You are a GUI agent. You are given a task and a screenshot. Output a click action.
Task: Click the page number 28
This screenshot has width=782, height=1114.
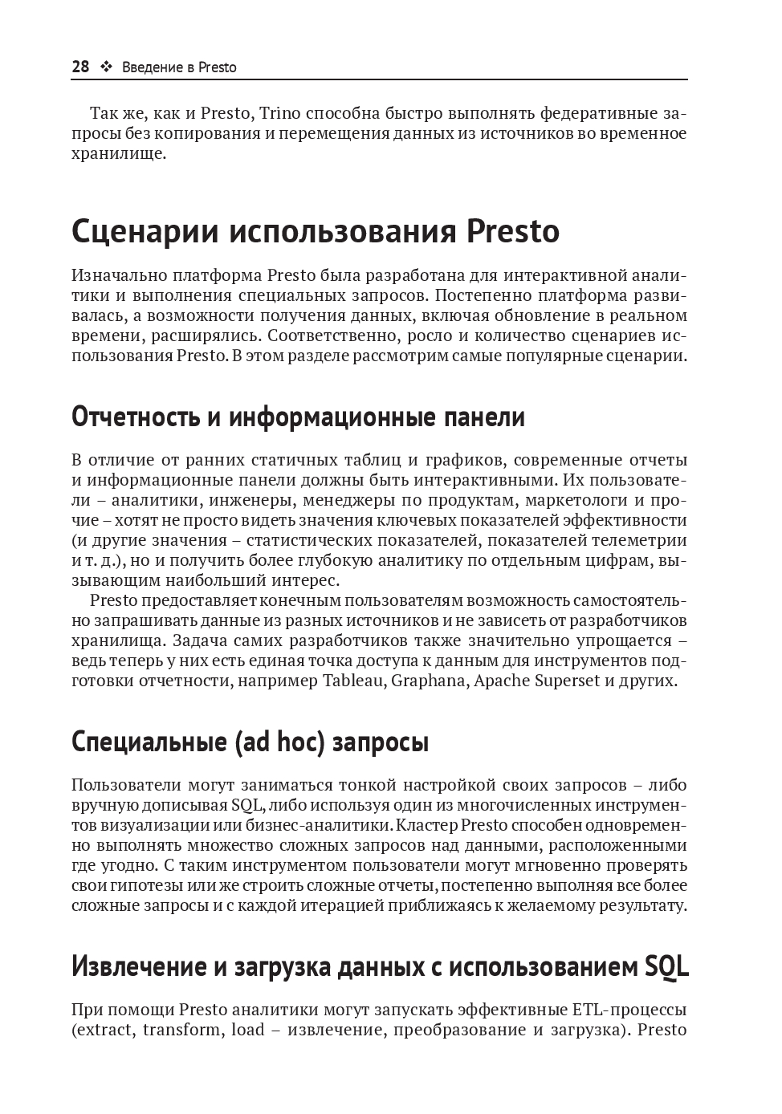(x=80, y=67)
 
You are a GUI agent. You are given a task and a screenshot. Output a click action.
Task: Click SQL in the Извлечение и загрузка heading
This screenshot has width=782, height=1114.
(x=666, y=966)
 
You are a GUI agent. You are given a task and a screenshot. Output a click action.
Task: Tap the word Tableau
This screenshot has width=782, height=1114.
(x=354, y=681)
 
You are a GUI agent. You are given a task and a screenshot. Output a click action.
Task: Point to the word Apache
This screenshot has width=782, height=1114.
(x=502, y=681)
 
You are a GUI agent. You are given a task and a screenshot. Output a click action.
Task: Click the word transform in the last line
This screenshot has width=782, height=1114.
(x=181, y=1030)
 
